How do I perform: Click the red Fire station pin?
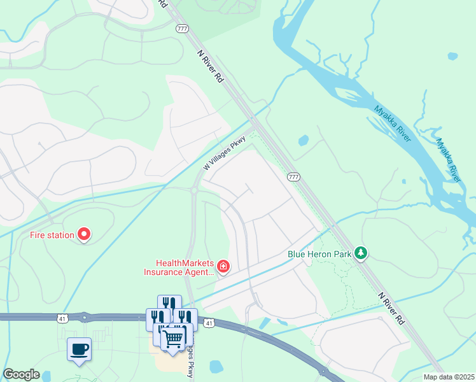pos(84,235)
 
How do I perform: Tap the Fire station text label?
pos(52,235)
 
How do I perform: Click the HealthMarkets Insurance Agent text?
pos(185,267)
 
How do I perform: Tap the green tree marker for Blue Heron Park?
pos(361,253)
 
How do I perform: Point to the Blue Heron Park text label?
pos(319,253)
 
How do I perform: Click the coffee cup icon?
pos(79,350)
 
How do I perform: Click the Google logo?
pos(22,374)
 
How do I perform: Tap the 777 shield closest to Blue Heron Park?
pos(293,177)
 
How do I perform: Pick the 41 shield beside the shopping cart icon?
pos(209,323)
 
